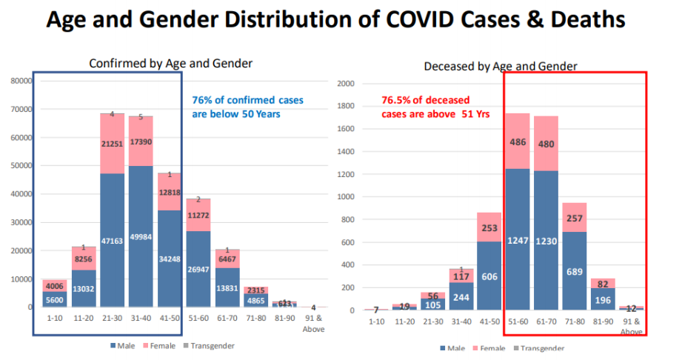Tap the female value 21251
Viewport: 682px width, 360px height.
coord(112,143)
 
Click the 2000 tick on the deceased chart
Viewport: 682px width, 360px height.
coord(346,84)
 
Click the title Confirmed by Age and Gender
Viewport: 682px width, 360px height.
coord(171,64)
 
